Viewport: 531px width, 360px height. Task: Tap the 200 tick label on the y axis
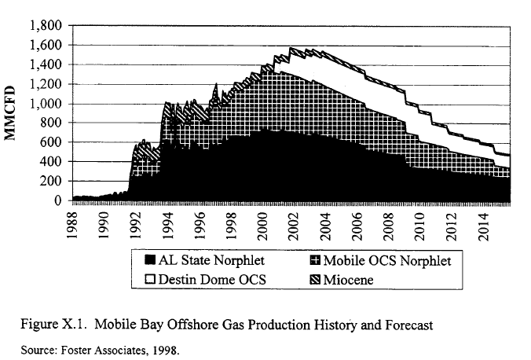(x=52, y=182)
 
